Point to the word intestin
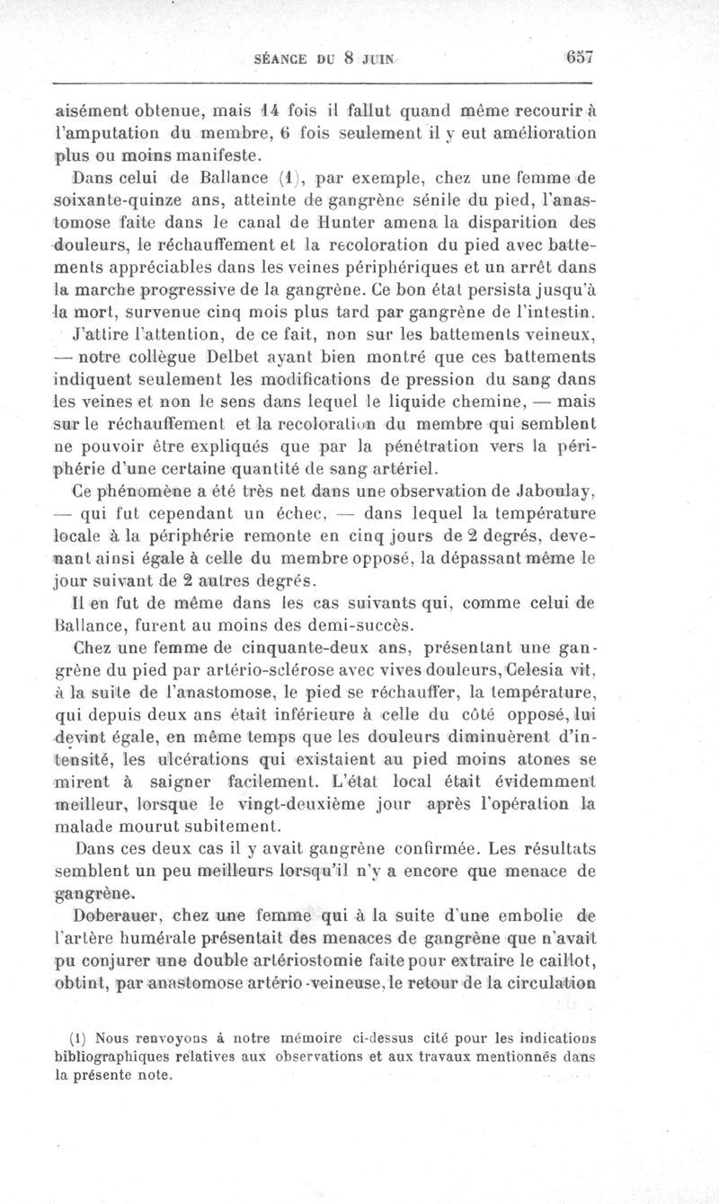pyautogui.click(x=566, y=312)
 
